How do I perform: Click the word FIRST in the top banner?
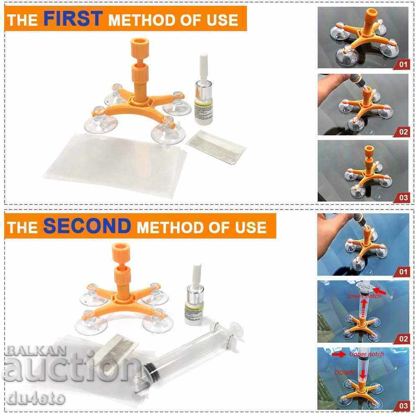click(x=73, y=18)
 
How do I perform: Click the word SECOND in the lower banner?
click(x=87, y=226)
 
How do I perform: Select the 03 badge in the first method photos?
click(x=402, y=197)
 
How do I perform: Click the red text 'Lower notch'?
click(x=365, y=296)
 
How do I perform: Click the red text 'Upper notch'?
click(x=366, y=354)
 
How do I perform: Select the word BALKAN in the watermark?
click(x=30, y=349)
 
